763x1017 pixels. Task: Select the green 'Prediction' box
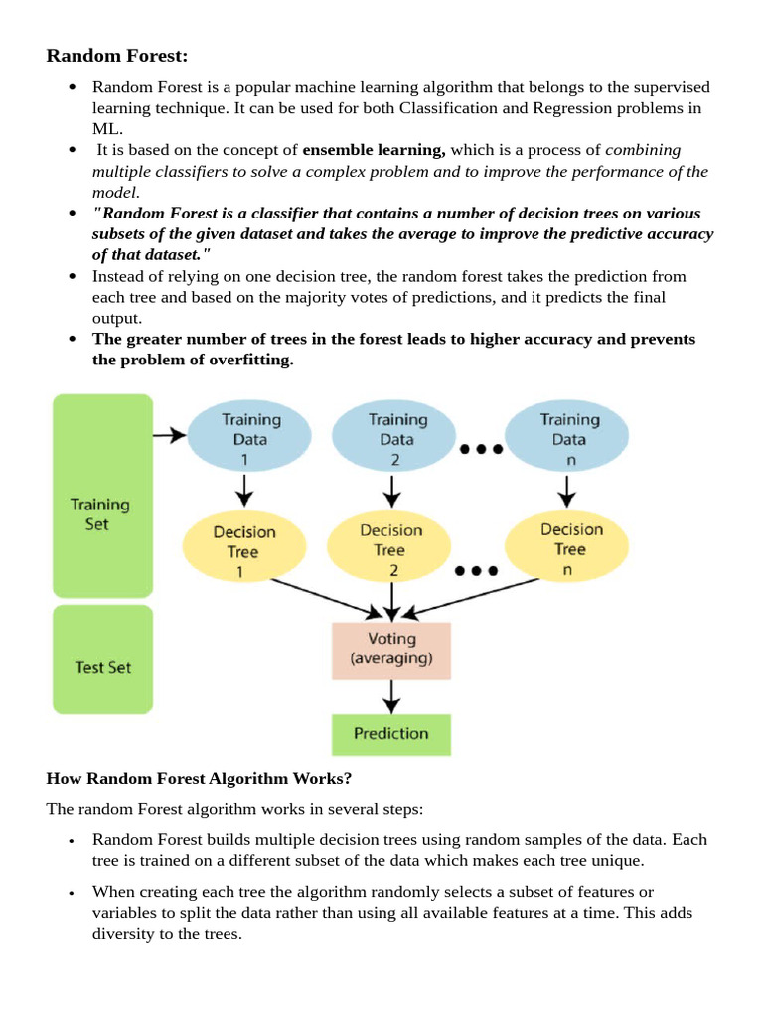click(391, 734)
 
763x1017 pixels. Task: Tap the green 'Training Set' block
click(102, 495)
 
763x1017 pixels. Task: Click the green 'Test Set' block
click(102, 659)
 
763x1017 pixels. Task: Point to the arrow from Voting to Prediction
click(391, 697)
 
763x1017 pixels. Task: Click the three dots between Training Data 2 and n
click(482, 449)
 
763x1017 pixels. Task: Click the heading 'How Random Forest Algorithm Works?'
click(186, 778)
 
